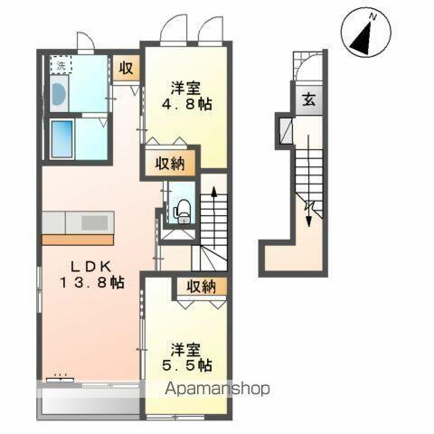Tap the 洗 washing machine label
pos(59,65)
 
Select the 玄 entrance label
pos(309,100)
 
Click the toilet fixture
pos(183,209)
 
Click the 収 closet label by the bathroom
pos(127,69)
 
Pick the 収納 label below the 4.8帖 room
pos(169,164)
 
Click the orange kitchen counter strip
pos(78,239)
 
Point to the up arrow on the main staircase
pos(213,192)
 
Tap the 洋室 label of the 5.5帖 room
pos(185,349)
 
